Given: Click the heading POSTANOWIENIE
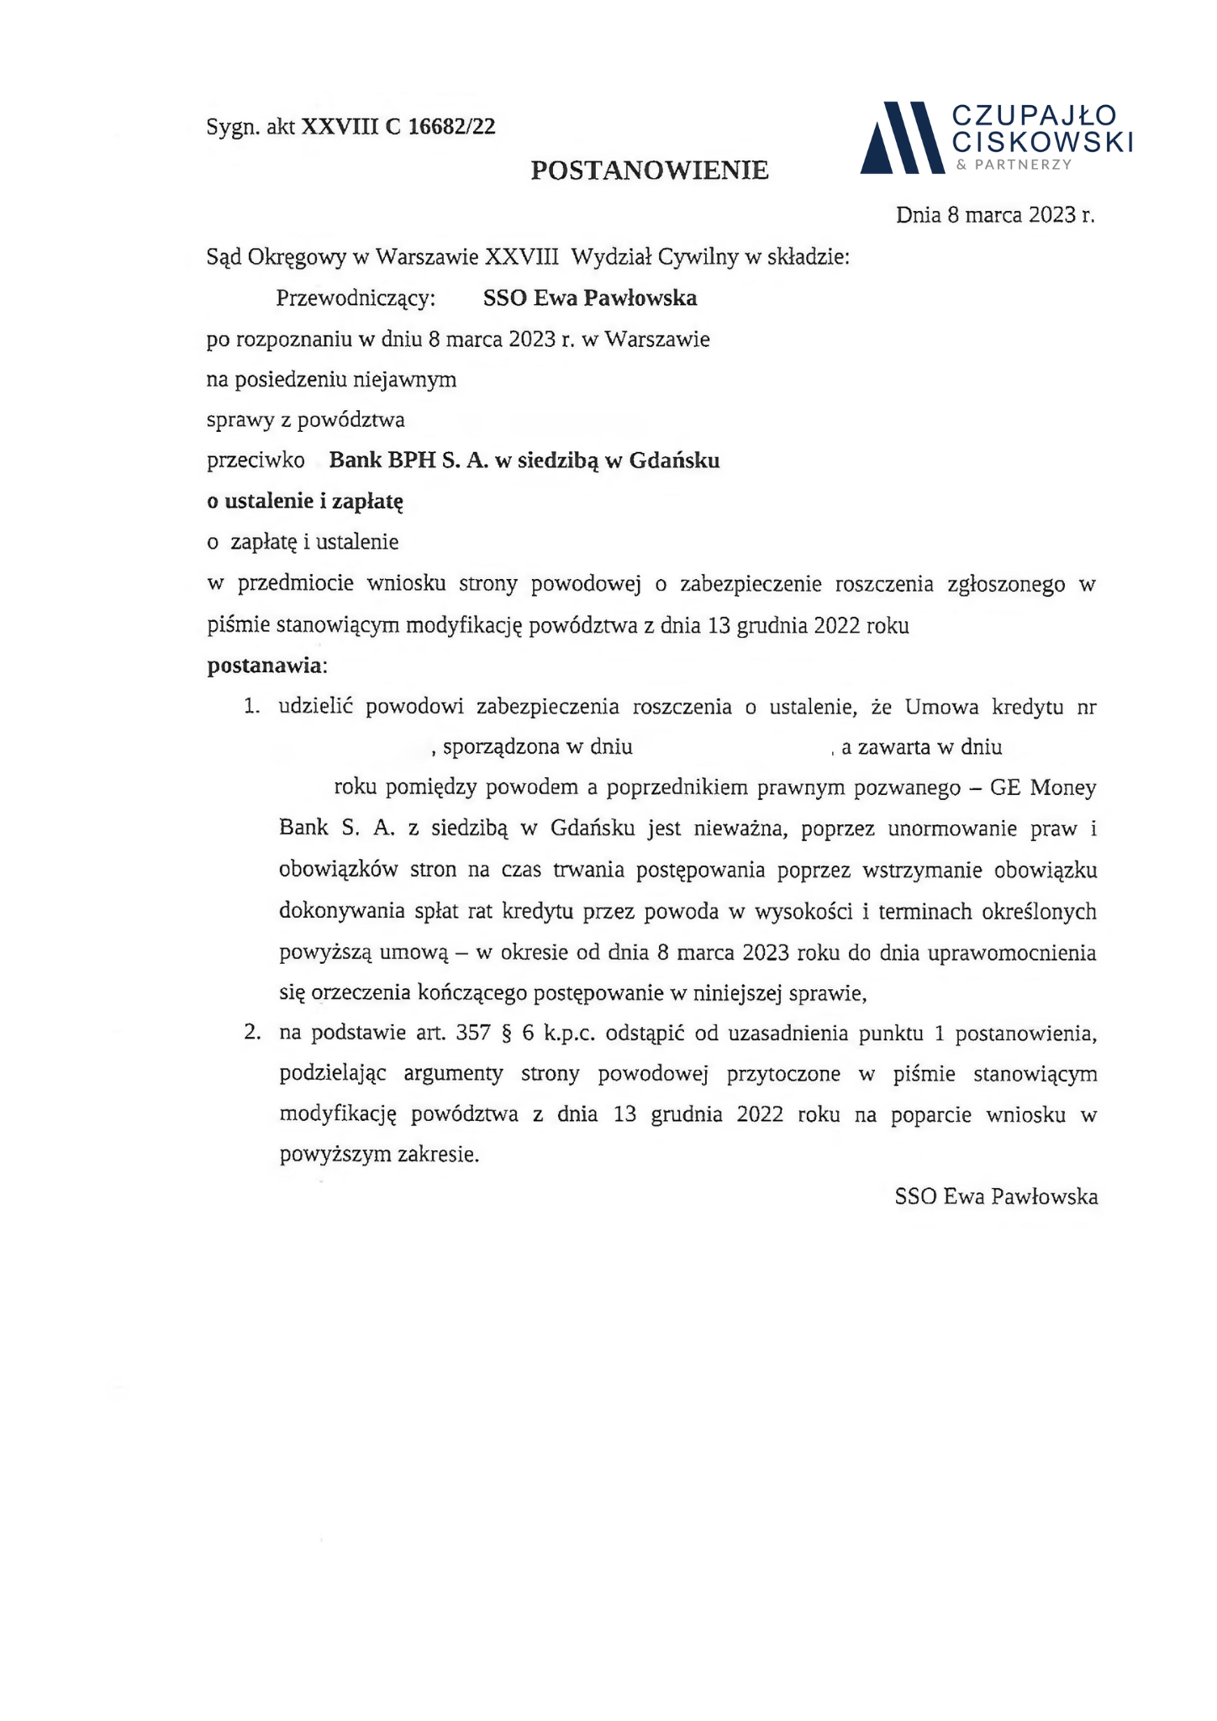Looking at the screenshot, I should tap(649, 171).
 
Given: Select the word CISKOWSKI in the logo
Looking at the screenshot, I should tap(1042, 142).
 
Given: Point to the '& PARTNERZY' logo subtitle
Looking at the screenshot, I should tap(1014, 165).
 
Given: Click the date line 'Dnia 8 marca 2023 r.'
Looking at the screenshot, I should tap(995, 215).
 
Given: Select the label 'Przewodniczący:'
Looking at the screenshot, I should tap(356, 298).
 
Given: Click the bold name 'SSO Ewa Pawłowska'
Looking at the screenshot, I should tap(590, 298).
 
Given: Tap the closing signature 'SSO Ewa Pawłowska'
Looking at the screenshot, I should tap(996, 1196).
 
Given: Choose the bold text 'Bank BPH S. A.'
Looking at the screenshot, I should tap(408, 461).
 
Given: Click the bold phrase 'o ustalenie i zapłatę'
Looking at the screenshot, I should tap(306, 502).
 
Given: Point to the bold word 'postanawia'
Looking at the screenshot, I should tap(264, 666).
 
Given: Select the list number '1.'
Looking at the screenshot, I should tap(252, 707).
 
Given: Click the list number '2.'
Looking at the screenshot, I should tap(252, 1033).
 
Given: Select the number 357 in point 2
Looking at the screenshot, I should tap(473, 1033).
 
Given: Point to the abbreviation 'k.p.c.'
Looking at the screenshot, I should tap(570, 1033).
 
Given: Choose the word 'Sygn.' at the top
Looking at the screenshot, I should tap(233, 128).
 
